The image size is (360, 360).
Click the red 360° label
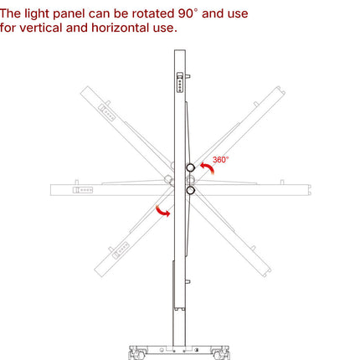[x=220, y=159]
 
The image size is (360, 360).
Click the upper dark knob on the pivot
[x=190, y=167]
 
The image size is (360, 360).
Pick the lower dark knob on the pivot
[x=190, y=190]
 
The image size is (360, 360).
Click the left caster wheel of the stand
[x=134, y=354]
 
